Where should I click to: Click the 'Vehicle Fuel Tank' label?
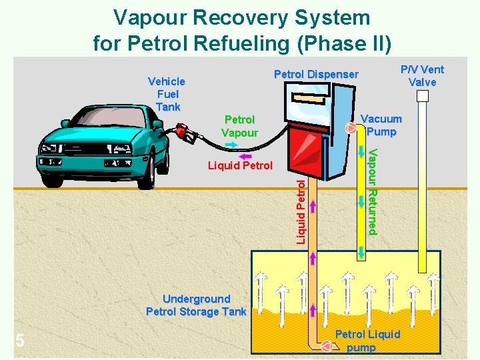tap(167, 94)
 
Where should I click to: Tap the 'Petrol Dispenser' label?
tap(316, 75)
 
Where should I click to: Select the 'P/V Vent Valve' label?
tap(422, 75)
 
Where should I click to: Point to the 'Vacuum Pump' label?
tap(381, 125)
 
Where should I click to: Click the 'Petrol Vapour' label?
tap(239, 126)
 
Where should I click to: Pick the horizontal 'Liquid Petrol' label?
tap(240, 165)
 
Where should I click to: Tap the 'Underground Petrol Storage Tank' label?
tap(196, 305)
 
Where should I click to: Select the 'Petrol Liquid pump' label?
tap(367, 341)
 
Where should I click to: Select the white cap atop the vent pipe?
tap(422, 96)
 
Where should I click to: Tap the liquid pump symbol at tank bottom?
tap(326, 346)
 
